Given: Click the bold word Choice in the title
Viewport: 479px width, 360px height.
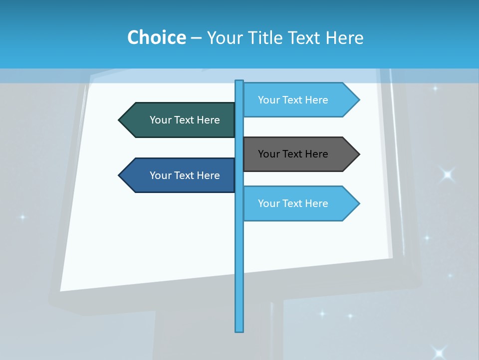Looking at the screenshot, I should (x=156, y=37).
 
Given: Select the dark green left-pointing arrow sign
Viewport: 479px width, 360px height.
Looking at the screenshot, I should (x=180, y=120).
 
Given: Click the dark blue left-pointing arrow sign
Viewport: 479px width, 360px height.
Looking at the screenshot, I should (x=180, y=175).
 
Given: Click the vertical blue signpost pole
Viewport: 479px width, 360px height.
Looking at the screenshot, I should (x=239, y=260).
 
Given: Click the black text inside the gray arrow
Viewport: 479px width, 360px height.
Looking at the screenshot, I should (x=293, y=154).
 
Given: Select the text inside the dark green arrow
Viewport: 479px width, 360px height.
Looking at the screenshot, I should (x=185, y=120).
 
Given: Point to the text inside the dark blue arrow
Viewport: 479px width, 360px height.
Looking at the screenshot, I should (x=185, y=175).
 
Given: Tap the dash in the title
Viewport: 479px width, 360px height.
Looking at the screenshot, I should (x=196, y=38).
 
